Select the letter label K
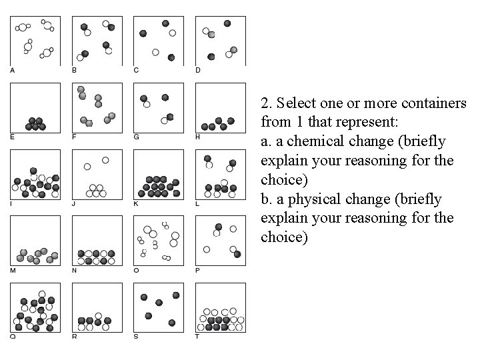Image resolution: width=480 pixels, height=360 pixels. (x=136, y=203)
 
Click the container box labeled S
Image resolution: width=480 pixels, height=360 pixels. (x=158, y=307)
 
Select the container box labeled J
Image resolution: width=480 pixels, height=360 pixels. (x=97, y=174)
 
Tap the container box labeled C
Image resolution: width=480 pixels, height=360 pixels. (x=158, y=41)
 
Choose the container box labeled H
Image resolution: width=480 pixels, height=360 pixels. (x=220, y=107)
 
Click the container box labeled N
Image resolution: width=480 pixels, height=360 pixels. (x=97, y=241)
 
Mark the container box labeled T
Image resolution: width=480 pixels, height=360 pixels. (x=220, y=307)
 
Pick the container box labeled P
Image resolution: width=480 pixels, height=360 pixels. (x=220, y=241)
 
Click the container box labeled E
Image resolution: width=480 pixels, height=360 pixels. (x=35, y=107)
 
